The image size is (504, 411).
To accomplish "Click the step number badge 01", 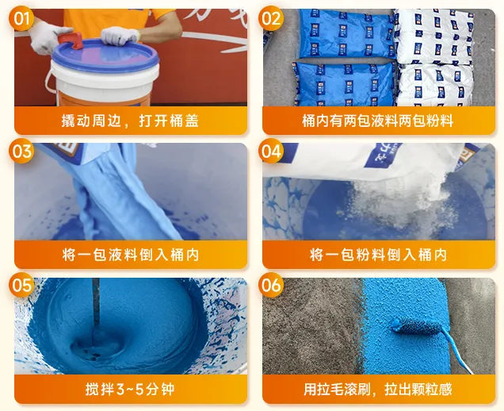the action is [x=21, y=18].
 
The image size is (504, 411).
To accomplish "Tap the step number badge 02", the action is [x=271, y=18].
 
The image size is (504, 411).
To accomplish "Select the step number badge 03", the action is [x=21, y=151].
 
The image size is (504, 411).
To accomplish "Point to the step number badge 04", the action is [x=271, y=151].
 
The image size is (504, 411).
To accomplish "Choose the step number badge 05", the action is [x=21, y=285].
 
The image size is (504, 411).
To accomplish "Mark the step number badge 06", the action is [x=271, y=285].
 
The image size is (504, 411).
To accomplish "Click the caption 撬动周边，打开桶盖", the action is [x=130, y=121].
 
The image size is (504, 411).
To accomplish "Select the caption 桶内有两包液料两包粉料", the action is [x=378, y=121].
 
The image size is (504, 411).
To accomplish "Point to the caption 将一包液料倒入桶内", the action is [x=131, y=255].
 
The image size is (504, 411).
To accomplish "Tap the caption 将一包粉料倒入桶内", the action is [x=378, y=255].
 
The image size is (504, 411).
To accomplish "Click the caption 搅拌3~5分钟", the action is [x=130, y=389].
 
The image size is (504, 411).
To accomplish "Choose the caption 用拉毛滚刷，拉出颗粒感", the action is [x=378, y=389].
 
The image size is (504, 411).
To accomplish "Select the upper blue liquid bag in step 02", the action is [x=346, y=34].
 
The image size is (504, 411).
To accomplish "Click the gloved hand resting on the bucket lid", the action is [x=120, y=36].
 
